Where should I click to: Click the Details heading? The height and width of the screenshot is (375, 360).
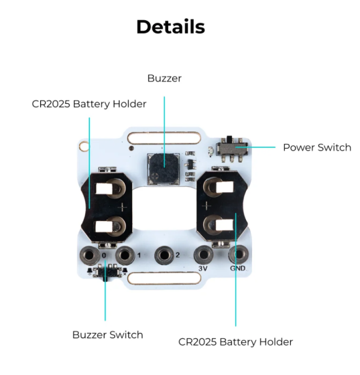[171, 27]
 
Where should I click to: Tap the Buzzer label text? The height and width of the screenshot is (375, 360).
[164, 78]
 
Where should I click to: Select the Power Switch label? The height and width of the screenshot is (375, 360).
[317, 147]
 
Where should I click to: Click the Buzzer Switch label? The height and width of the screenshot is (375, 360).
[108, 335]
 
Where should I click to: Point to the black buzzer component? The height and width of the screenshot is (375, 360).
[164, 169]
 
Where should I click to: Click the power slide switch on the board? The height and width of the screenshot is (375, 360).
[232, 148]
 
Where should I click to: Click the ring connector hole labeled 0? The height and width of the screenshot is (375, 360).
[90, 255]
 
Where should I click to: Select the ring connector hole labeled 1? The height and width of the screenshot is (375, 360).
[125, 255]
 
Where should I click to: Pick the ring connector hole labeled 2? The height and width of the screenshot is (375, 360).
[164, 255]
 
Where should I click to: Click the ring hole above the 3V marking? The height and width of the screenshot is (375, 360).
[203, 254]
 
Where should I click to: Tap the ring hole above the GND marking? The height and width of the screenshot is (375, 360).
[239, 254]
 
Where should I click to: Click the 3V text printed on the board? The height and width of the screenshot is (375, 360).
[202, 269]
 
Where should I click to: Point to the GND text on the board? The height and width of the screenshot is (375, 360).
[238, 269]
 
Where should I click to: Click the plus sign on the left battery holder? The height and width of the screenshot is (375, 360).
[122, 207]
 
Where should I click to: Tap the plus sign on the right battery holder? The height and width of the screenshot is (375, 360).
[206, 206]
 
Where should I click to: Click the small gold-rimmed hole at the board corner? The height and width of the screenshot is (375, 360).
[84, 146]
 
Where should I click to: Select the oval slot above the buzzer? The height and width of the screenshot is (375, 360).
[164, 138]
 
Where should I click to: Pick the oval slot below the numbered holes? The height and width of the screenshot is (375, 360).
[164, 279]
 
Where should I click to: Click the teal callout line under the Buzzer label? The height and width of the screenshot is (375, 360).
[164, 132]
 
